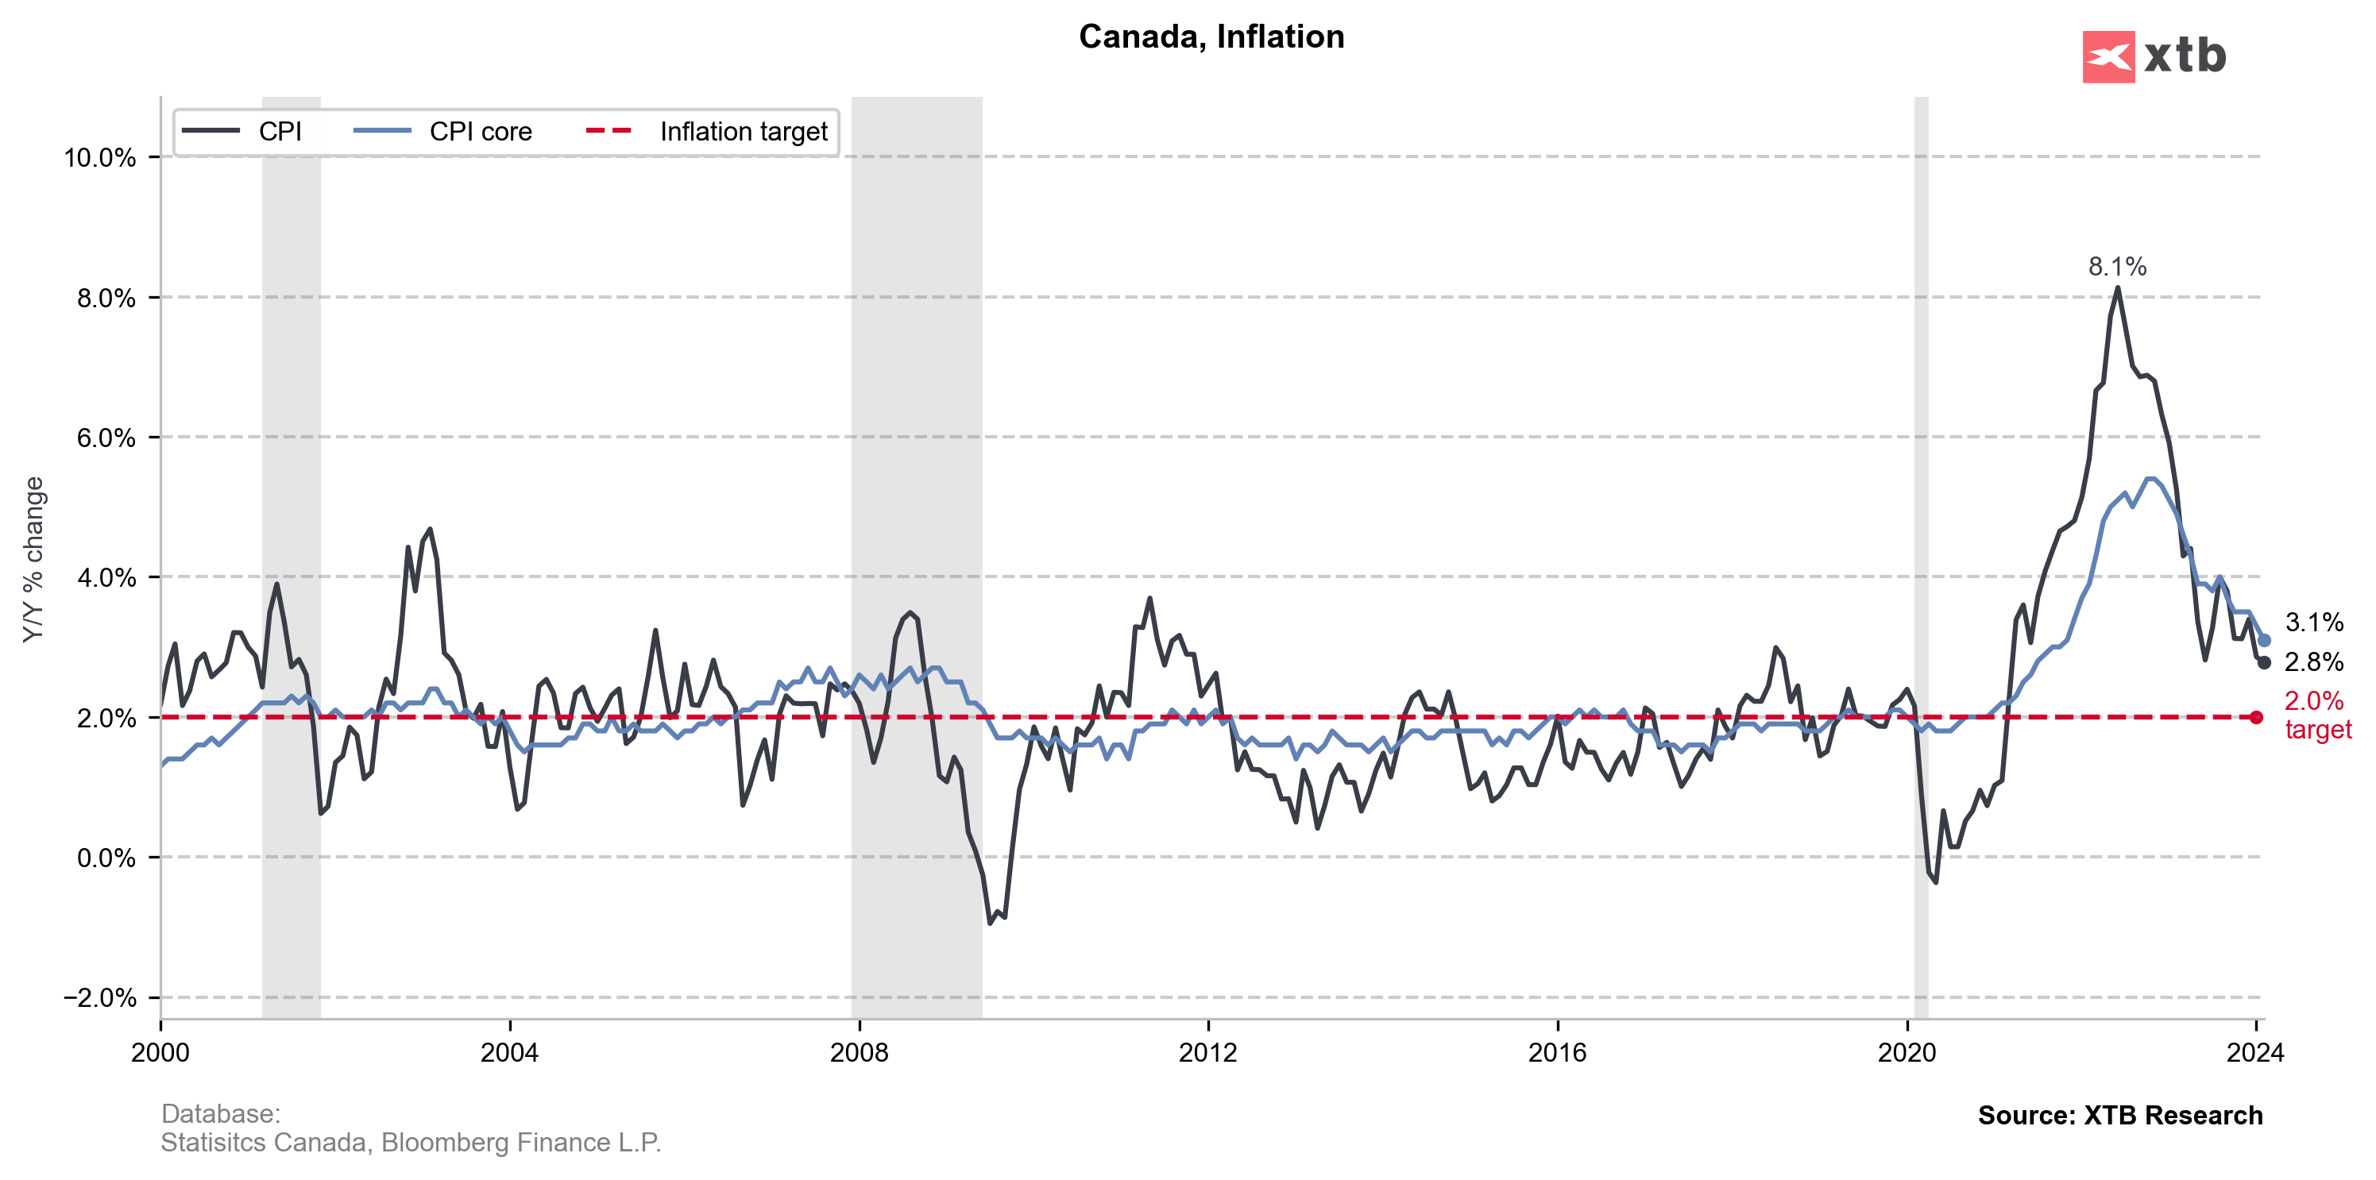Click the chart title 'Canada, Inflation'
(x=1211, y=37)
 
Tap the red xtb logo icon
(x=2107, y=57)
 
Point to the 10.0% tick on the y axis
(x=99, y=158)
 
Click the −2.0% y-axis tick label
(x=99, y=997)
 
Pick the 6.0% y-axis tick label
(x=106, y=438)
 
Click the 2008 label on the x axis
(x=859, y=1053)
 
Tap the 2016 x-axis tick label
(x=1557, y=1053)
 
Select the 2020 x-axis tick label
(x=1907, y=1053)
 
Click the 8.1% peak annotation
(x=2117, y=268)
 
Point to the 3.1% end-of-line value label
(x=2313, y=623)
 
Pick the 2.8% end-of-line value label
(x=2313, y=662)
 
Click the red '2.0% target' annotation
(x=2317, y=715)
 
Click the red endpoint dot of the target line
(x=2256, y=717)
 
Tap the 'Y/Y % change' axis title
(x=34, y=560)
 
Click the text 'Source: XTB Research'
(x=2119, y=1116)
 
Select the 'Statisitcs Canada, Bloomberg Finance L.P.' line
(x=411, y=1143)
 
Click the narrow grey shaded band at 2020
(x=1922, y=553)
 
